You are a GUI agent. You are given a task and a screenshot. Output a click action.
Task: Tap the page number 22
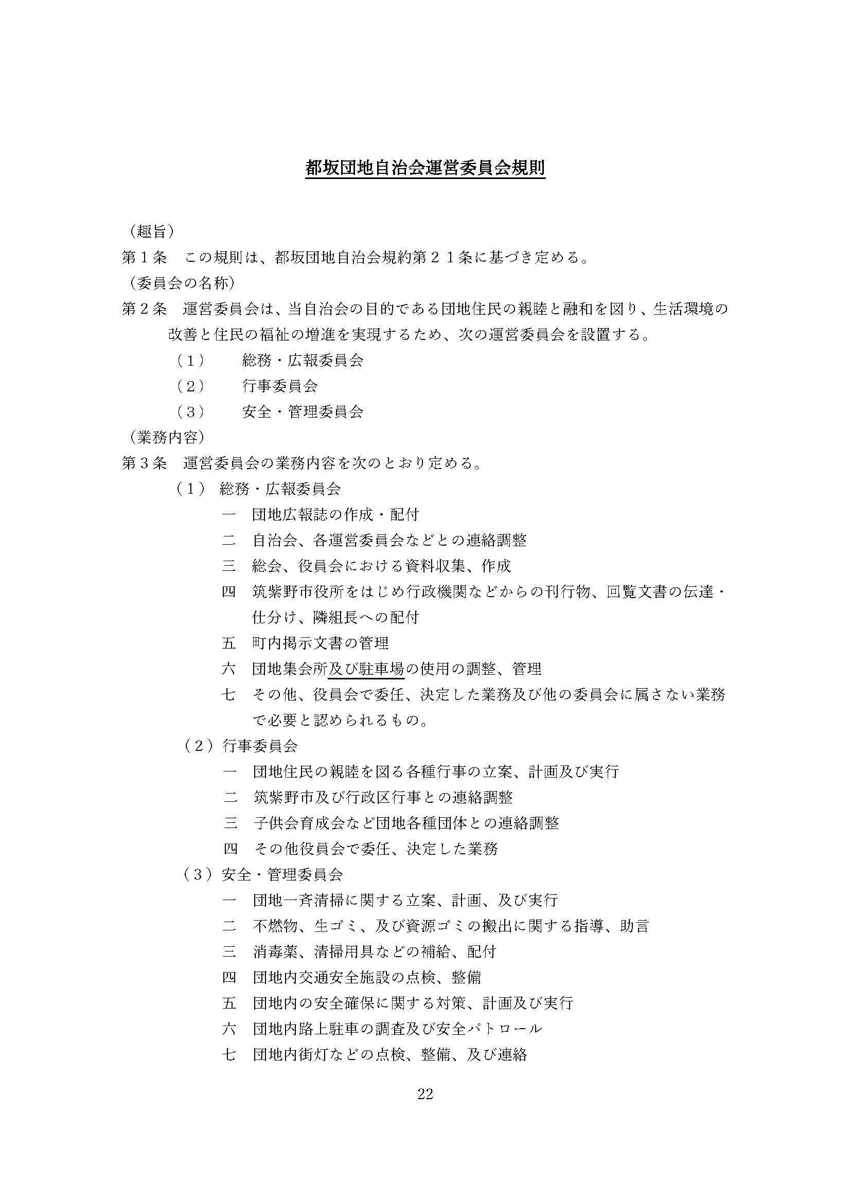click(x=425, y=1093)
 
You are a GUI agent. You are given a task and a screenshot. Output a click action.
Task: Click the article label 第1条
click(x=144, y=257)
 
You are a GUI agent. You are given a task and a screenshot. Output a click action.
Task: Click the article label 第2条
click(x=144, y=309)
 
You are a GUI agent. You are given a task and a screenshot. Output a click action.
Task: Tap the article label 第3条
click(x=144, y=463)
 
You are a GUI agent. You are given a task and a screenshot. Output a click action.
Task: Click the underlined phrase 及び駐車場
click(x=366, y=669)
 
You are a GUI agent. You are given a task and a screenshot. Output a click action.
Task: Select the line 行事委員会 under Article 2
click(x=280, y=386)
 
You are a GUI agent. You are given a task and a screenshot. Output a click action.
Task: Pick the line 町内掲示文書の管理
click(x=320, y=643)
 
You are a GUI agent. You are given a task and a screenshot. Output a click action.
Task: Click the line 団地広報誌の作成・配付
click(x=335, y=514)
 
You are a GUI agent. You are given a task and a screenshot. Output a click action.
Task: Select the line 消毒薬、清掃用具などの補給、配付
click(x=374, y=951)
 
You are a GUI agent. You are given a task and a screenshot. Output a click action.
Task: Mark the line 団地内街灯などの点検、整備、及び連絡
click(x=390, y=1054)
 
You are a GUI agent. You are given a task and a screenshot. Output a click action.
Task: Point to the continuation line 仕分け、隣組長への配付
click(x=335, y=617)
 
